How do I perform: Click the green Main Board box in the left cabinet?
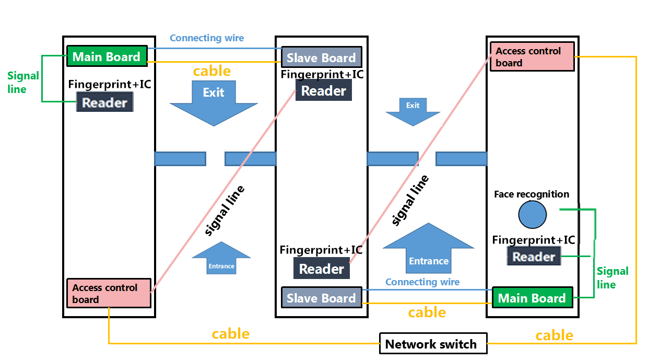coord(107,56)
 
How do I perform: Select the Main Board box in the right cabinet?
coord(532,297)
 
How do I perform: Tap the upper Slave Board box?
coord(322,57)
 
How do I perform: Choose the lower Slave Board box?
coord(322,297)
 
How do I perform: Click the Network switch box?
coord(433,343)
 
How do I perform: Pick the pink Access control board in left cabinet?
coord(109,293)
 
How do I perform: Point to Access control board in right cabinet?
coord(532,56)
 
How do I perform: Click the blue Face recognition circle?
coord(532,215)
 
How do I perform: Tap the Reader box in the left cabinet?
coord(105,102)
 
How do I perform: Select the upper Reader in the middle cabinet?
coord(323,90)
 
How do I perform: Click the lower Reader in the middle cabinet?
coord(322,268)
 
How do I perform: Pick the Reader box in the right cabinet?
coord(534,256)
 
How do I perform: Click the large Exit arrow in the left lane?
coord(214,103)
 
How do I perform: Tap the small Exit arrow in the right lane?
coord(413,112)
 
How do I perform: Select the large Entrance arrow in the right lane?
coord(429,248)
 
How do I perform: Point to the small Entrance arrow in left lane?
coord(221,258)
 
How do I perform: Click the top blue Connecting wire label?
coord(207,38)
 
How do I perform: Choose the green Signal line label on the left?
coord(23,83)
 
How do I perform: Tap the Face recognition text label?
coord(532,194)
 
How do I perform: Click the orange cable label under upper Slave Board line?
coord(212,71)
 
